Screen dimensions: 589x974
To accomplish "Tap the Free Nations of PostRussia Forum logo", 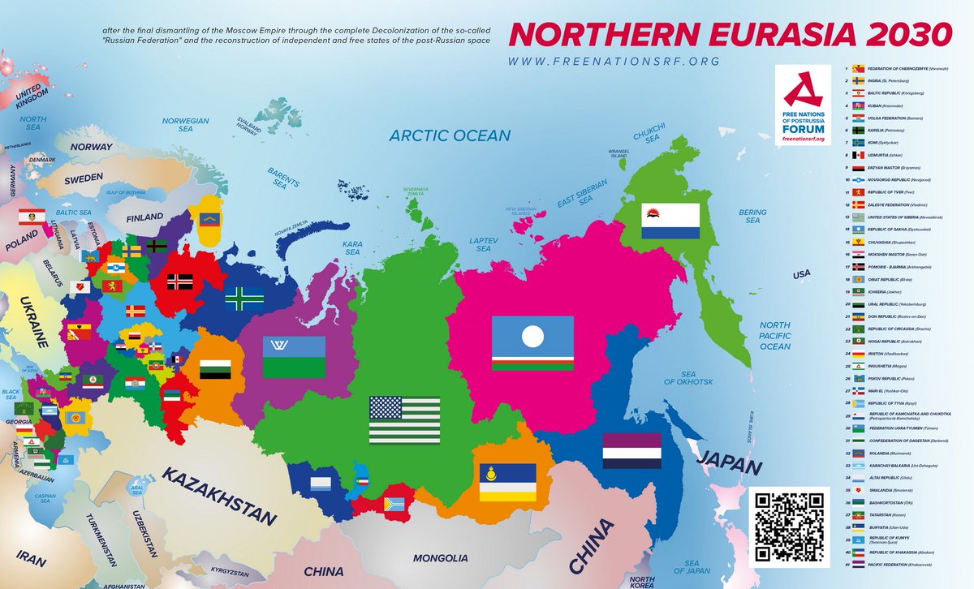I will [x=803, y=105].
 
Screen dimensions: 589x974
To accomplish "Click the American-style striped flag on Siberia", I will [x=404, y=419].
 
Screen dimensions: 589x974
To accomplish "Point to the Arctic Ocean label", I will [x=450, y=135].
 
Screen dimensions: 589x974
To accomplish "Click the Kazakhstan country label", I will [x=218, y=496].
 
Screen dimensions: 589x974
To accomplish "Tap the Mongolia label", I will [x=441, y=558].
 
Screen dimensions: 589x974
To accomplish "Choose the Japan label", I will [x=730, y=468].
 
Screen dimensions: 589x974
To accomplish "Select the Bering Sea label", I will [x=753, y=216].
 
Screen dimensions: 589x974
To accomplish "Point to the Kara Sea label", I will [x=352, y=247].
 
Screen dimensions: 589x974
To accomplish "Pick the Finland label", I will [x=145, y=217].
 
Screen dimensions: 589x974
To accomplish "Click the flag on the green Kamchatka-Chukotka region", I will [x=670, y=221].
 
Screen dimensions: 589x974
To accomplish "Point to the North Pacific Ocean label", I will [x=774, y=336].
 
